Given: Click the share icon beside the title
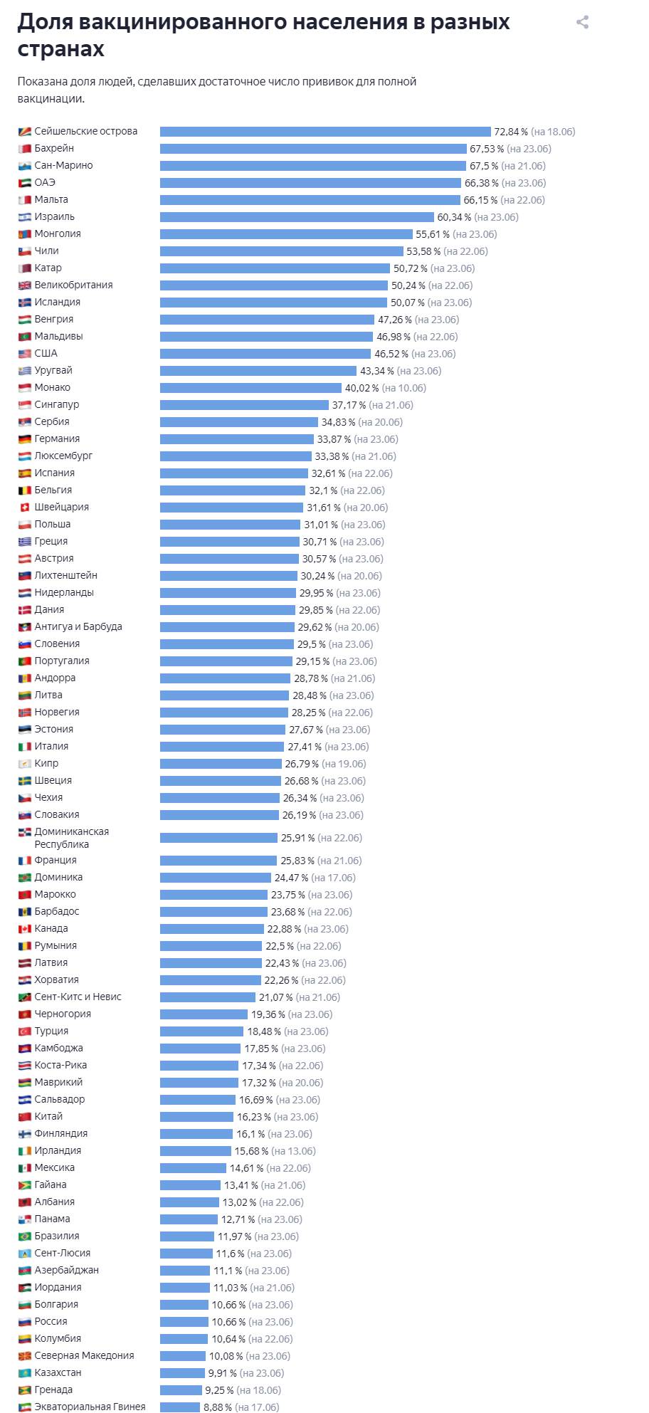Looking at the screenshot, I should pos(582,22).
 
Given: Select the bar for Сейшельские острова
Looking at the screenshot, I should pos(325,132).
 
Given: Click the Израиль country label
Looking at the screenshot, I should pos(54,216).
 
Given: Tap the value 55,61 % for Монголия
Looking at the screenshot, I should pos(433,234).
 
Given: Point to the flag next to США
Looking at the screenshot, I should pos(25,353).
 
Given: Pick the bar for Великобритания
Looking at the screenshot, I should pos(274,285).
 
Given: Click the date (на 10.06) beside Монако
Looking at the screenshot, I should pos(403,388).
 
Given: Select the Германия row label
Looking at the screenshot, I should pos(57,438).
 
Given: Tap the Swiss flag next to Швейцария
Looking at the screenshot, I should pos(25,507).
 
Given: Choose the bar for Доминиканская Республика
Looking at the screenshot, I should pos(218,838).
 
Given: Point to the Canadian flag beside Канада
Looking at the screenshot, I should pos(25,928).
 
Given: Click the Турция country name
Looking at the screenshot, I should pos(51,1031).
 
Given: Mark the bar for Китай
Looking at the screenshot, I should pos(196,1117).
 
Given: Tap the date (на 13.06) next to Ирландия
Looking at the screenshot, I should pos(293,1151).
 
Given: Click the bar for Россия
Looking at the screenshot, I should pos(184,1322).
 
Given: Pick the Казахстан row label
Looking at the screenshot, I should pos(58,1372).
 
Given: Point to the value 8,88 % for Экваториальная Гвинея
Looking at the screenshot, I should pos(217,1407).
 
